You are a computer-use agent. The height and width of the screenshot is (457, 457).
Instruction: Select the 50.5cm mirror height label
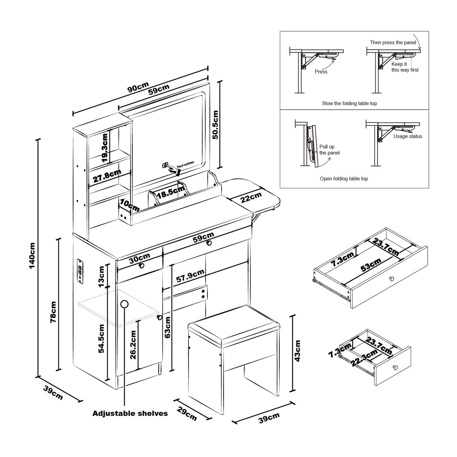point(215,125)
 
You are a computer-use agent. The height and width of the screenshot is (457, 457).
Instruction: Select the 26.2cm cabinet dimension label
point(133,345)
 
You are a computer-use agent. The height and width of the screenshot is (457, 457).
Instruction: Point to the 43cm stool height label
point(297,351)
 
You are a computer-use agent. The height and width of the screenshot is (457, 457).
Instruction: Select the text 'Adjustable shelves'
point(130,413)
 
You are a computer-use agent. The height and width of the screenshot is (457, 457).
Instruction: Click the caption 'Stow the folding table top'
point(349,103)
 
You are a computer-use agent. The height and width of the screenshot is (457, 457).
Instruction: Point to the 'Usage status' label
point(408,136)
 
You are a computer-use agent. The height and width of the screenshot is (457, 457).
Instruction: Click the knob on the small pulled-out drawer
point(395,367)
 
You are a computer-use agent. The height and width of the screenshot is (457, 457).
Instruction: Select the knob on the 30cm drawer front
point(142,265)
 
